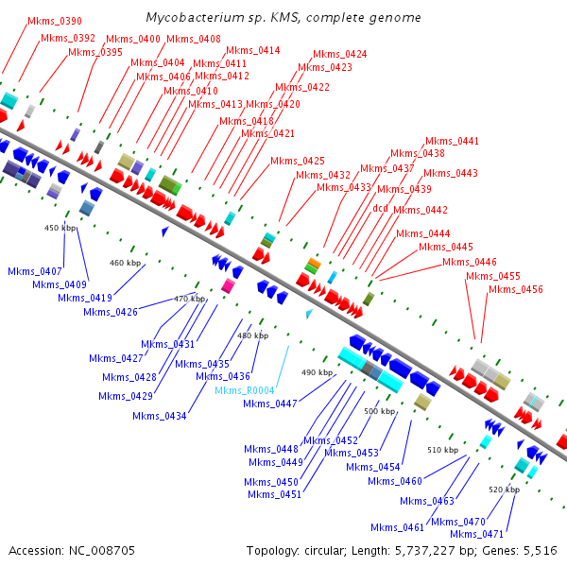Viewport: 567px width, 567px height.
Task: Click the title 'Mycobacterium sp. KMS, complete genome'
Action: pos(283,18)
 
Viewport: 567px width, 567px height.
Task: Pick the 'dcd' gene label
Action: pos(380,207)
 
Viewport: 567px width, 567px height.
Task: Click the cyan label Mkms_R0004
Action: pos(244,390)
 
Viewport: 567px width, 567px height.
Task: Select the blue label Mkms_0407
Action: pos(35,271)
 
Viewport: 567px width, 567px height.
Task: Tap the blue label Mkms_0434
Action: pos(160,416)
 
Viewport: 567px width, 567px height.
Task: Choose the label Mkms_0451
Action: pos(274,494)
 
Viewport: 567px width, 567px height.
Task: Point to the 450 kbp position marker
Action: pos(60,228)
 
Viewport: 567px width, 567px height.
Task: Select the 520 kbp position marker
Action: pos(505,490)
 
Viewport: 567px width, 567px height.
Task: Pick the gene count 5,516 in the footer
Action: pos(539,550)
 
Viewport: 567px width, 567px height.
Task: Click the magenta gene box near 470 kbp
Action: pos(227,284)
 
